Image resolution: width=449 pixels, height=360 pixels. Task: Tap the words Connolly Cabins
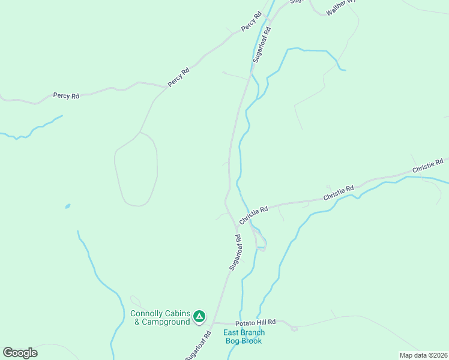point(160,313)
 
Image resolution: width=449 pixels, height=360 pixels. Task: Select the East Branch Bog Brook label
point(244,337)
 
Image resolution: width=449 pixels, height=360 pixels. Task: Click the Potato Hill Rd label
point(259,322)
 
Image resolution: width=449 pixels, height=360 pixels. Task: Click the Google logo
point(20,353)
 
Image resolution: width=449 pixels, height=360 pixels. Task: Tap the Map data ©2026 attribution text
point(424,355)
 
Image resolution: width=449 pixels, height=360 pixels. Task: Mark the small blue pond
point(67,206)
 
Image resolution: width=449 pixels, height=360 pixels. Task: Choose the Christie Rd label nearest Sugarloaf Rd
point(253,215)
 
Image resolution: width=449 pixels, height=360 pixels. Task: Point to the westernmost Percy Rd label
point(66,95)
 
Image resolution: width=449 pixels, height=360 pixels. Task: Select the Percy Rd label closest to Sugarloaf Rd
point(252,21)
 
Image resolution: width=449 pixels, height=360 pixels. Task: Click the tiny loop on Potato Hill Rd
point(294,328)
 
